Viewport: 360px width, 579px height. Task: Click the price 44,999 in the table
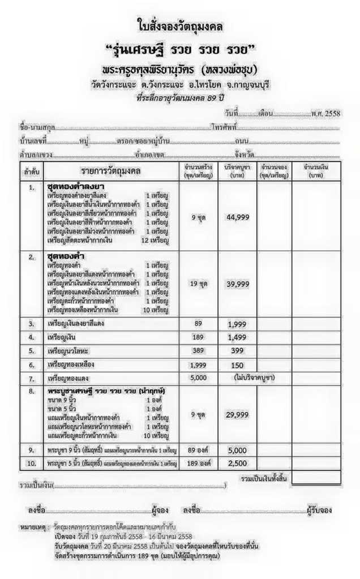coord(237,217)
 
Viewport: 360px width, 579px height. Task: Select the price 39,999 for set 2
coord(237,283)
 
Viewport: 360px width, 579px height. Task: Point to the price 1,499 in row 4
coord(237,338)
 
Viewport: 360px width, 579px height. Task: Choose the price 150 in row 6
coord(237,365)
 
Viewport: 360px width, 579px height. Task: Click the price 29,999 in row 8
coord(237,415)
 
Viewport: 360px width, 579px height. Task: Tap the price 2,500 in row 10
coord(237,464)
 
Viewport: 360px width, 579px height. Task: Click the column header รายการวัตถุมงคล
coord(110,171)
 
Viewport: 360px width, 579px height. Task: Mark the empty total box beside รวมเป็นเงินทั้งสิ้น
coord(316,479)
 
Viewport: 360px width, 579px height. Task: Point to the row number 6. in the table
coord(32,365)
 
